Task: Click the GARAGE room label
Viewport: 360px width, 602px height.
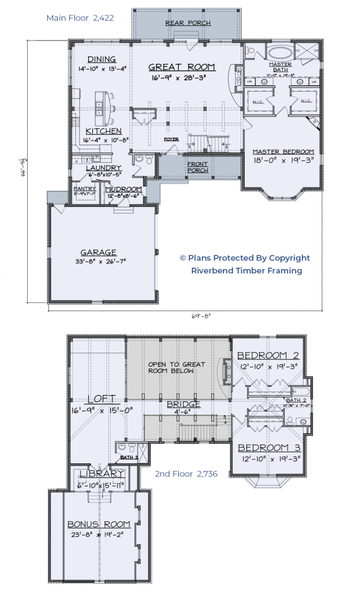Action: [99, 252]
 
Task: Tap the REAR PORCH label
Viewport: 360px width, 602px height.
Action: [187, 23]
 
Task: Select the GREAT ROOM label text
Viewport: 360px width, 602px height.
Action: [181, 67]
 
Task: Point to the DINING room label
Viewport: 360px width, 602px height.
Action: [102, 59]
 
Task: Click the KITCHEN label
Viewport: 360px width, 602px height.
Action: [104, 131]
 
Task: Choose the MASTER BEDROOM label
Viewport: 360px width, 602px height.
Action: [283, 152]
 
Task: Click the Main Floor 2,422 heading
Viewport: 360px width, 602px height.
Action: [80, 18]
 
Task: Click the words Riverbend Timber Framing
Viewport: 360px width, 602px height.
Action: [246, 270]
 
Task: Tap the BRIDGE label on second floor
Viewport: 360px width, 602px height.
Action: [184, 404]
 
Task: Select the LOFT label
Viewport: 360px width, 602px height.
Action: [102, 399]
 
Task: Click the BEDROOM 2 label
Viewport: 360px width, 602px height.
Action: [268, 356]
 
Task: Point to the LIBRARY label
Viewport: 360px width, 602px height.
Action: [102, 474]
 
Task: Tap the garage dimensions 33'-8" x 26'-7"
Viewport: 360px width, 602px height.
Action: [99, 262]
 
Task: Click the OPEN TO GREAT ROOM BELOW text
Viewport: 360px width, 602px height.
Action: [176, 368]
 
